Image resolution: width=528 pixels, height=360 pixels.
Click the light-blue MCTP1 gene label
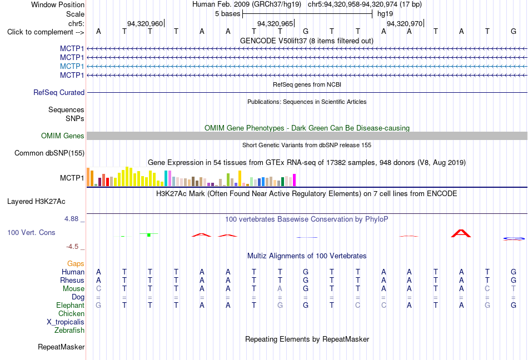pyautogui.click(x=72, y=66)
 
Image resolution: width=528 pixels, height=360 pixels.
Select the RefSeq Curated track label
pyautogui.click(x=59, y=93)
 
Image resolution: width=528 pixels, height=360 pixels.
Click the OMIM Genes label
pyautogui.click(x=63, y=136)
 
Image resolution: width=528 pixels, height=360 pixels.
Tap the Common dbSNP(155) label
pyautogui.click(x=49, y=153)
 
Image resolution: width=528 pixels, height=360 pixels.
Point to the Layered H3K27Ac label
pyautogui.click(x=36, y=202)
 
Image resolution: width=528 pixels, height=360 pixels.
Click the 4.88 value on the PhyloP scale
pyautogui.click(x=71, y=219)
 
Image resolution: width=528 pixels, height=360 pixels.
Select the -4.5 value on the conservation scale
pyautogui.click(x=72, y=247)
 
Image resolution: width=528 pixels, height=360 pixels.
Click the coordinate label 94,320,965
pyautogui.click(x=275, y=23)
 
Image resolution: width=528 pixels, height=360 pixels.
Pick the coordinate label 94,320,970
pyautogui.click(x=405, y=23)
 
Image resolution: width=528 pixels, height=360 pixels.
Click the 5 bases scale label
pyautogui.click(x=228, y=14)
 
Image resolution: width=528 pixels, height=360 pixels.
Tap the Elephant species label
pyautogui.click(x=71, y=305)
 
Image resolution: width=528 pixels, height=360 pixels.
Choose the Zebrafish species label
pyautogui.click(x=69, y=330)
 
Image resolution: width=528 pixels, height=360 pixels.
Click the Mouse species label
pyautogui.click(x=73, y=289)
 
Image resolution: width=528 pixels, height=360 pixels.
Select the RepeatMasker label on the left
pyautogui.click(x=61, y=347)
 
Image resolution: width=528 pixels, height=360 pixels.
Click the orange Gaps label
pyautogui.click(x=76, y=263)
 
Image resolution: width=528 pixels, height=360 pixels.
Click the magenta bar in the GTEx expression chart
pyautogui.click(x=295, y=180)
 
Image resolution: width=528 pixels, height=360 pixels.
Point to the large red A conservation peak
pyautogui.click(x=461, y=233)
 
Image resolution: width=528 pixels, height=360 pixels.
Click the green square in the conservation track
pyautogui.click(x=149, y=235)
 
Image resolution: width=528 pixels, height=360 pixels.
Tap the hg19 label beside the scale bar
pyautogui.click(x=385, y=14)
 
